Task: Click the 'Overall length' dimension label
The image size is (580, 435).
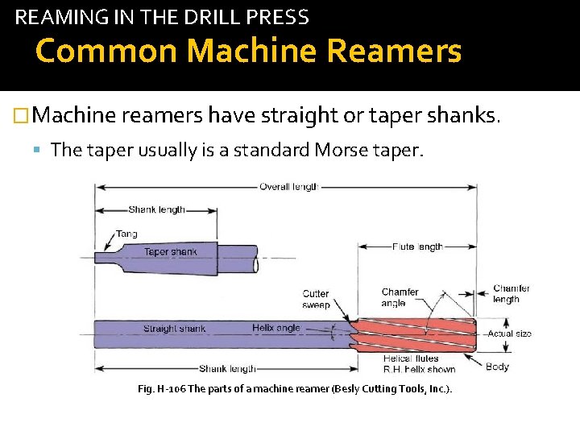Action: click(288, 187)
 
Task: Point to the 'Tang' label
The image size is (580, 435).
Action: click(126, 234)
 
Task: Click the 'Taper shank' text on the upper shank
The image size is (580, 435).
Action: click(170, 252)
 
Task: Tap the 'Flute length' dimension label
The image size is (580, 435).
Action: click(417, 246)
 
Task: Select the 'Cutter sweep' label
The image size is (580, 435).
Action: click(316, 299)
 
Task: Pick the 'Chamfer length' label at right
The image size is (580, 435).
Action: click(512, 293)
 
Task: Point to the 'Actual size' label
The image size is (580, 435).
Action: click(510, 333)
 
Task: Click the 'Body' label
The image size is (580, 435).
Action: click(497, 367)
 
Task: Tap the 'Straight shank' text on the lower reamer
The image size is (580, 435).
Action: click(174, 329)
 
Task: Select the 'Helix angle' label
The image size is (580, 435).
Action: click(275, 328)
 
